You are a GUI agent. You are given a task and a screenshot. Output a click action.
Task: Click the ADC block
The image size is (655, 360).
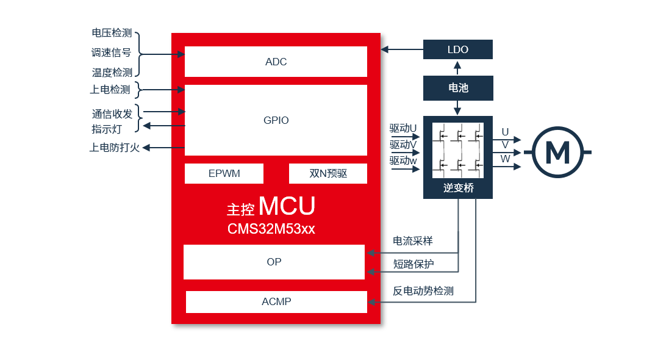click(x=276, y=62)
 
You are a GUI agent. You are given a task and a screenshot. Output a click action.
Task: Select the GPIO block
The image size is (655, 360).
click(x=276, y=120)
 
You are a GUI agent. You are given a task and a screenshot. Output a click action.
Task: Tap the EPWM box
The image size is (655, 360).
click(x=224, y=173)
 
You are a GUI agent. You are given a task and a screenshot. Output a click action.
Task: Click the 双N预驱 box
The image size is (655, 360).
click(x=328, y=173)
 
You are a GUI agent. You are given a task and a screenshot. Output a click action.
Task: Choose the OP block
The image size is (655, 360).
click(x=274, y=262)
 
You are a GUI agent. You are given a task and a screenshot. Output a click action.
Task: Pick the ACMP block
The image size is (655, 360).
click(x=276, y=301)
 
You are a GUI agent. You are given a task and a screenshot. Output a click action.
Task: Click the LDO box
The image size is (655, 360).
click(x=457, y=49)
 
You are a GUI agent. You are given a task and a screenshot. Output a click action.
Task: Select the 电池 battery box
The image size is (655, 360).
click(x=457, y=88)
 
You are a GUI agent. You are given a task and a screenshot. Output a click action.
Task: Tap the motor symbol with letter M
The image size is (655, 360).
click(x=557, y=152)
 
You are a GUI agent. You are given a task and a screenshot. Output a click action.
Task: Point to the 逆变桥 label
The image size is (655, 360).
click(x=458, y=189)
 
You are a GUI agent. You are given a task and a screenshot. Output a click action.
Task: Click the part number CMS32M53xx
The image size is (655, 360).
click(x=271, y=229)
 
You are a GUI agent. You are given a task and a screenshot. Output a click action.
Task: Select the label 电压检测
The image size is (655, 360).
click(x=112, y=33)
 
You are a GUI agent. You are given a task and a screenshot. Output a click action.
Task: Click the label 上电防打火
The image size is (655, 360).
click(x=115, y=148)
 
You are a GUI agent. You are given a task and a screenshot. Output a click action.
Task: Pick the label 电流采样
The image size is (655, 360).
click(x=413, y=241)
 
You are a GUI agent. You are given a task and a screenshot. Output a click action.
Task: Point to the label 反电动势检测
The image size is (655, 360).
click(x=423, y=291)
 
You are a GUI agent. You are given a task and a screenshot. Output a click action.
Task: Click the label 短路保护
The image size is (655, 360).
click(x=413, y=263)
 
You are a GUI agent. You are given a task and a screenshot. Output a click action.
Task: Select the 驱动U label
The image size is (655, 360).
click(x=403, y=129)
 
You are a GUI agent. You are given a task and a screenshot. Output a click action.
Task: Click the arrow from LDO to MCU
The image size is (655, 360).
click(x=402, y=49)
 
